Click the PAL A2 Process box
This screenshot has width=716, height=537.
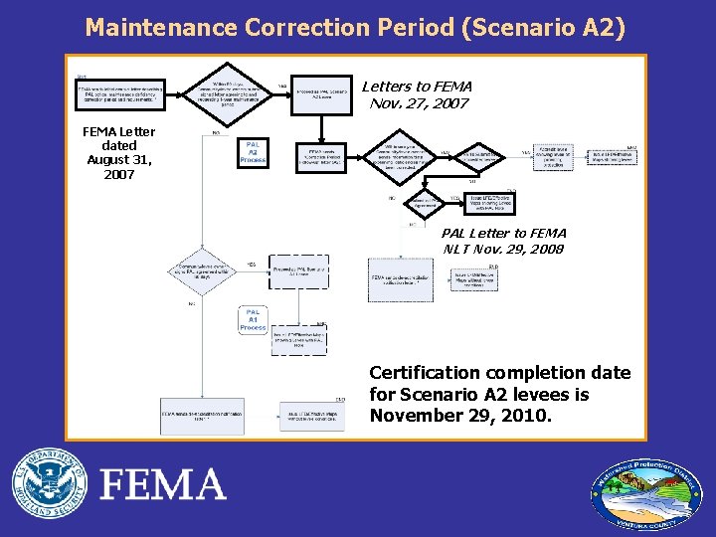click(254, 152)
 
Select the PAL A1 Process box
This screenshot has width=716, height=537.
click(253, 319)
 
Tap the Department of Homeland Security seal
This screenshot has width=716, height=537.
click(49, 484)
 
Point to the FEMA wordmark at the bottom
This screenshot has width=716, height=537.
click(163, 484)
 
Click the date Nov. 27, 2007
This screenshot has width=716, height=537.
click(417, 102)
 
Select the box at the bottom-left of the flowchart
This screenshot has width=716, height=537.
click(202, 415)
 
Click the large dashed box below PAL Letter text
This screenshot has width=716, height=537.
click(401, 279)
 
